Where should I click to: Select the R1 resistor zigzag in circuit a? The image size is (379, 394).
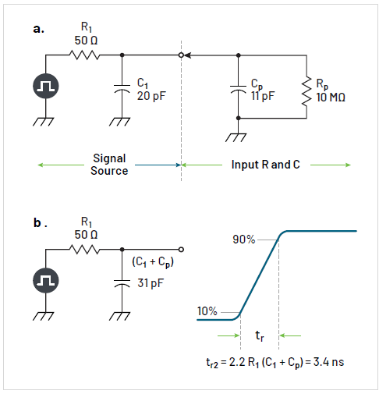click(83, 55)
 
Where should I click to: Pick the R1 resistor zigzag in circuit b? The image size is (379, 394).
click(83, 250)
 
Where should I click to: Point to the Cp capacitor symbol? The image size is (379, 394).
click(238, 88)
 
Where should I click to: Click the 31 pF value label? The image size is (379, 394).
click(150, 282)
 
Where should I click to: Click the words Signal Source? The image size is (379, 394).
click(108, 165)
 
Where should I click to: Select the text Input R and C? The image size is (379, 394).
click(265, 165)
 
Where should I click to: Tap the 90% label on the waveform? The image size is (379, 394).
click(243, 239)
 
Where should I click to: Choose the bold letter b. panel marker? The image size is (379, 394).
click(40, 223)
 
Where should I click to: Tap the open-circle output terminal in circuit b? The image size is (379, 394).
click(180, 250)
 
